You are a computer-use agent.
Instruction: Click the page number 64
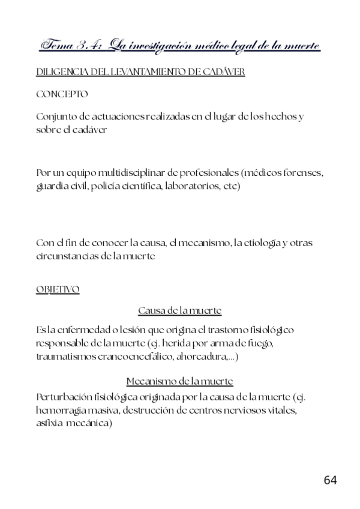[x=330, y=480]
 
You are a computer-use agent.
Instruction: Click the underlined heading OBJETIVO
[x=58, y=289]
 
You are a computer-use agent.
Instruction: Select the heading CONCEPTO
[x=62, y=94]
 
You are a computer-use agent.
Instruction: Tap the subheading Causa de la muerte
[x=180, y=310]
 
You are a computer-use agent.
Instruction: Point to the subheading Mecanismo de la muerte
[x=180, y=381]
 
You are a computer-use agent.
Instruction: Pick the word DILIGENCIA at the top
[x=61, y=72]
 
